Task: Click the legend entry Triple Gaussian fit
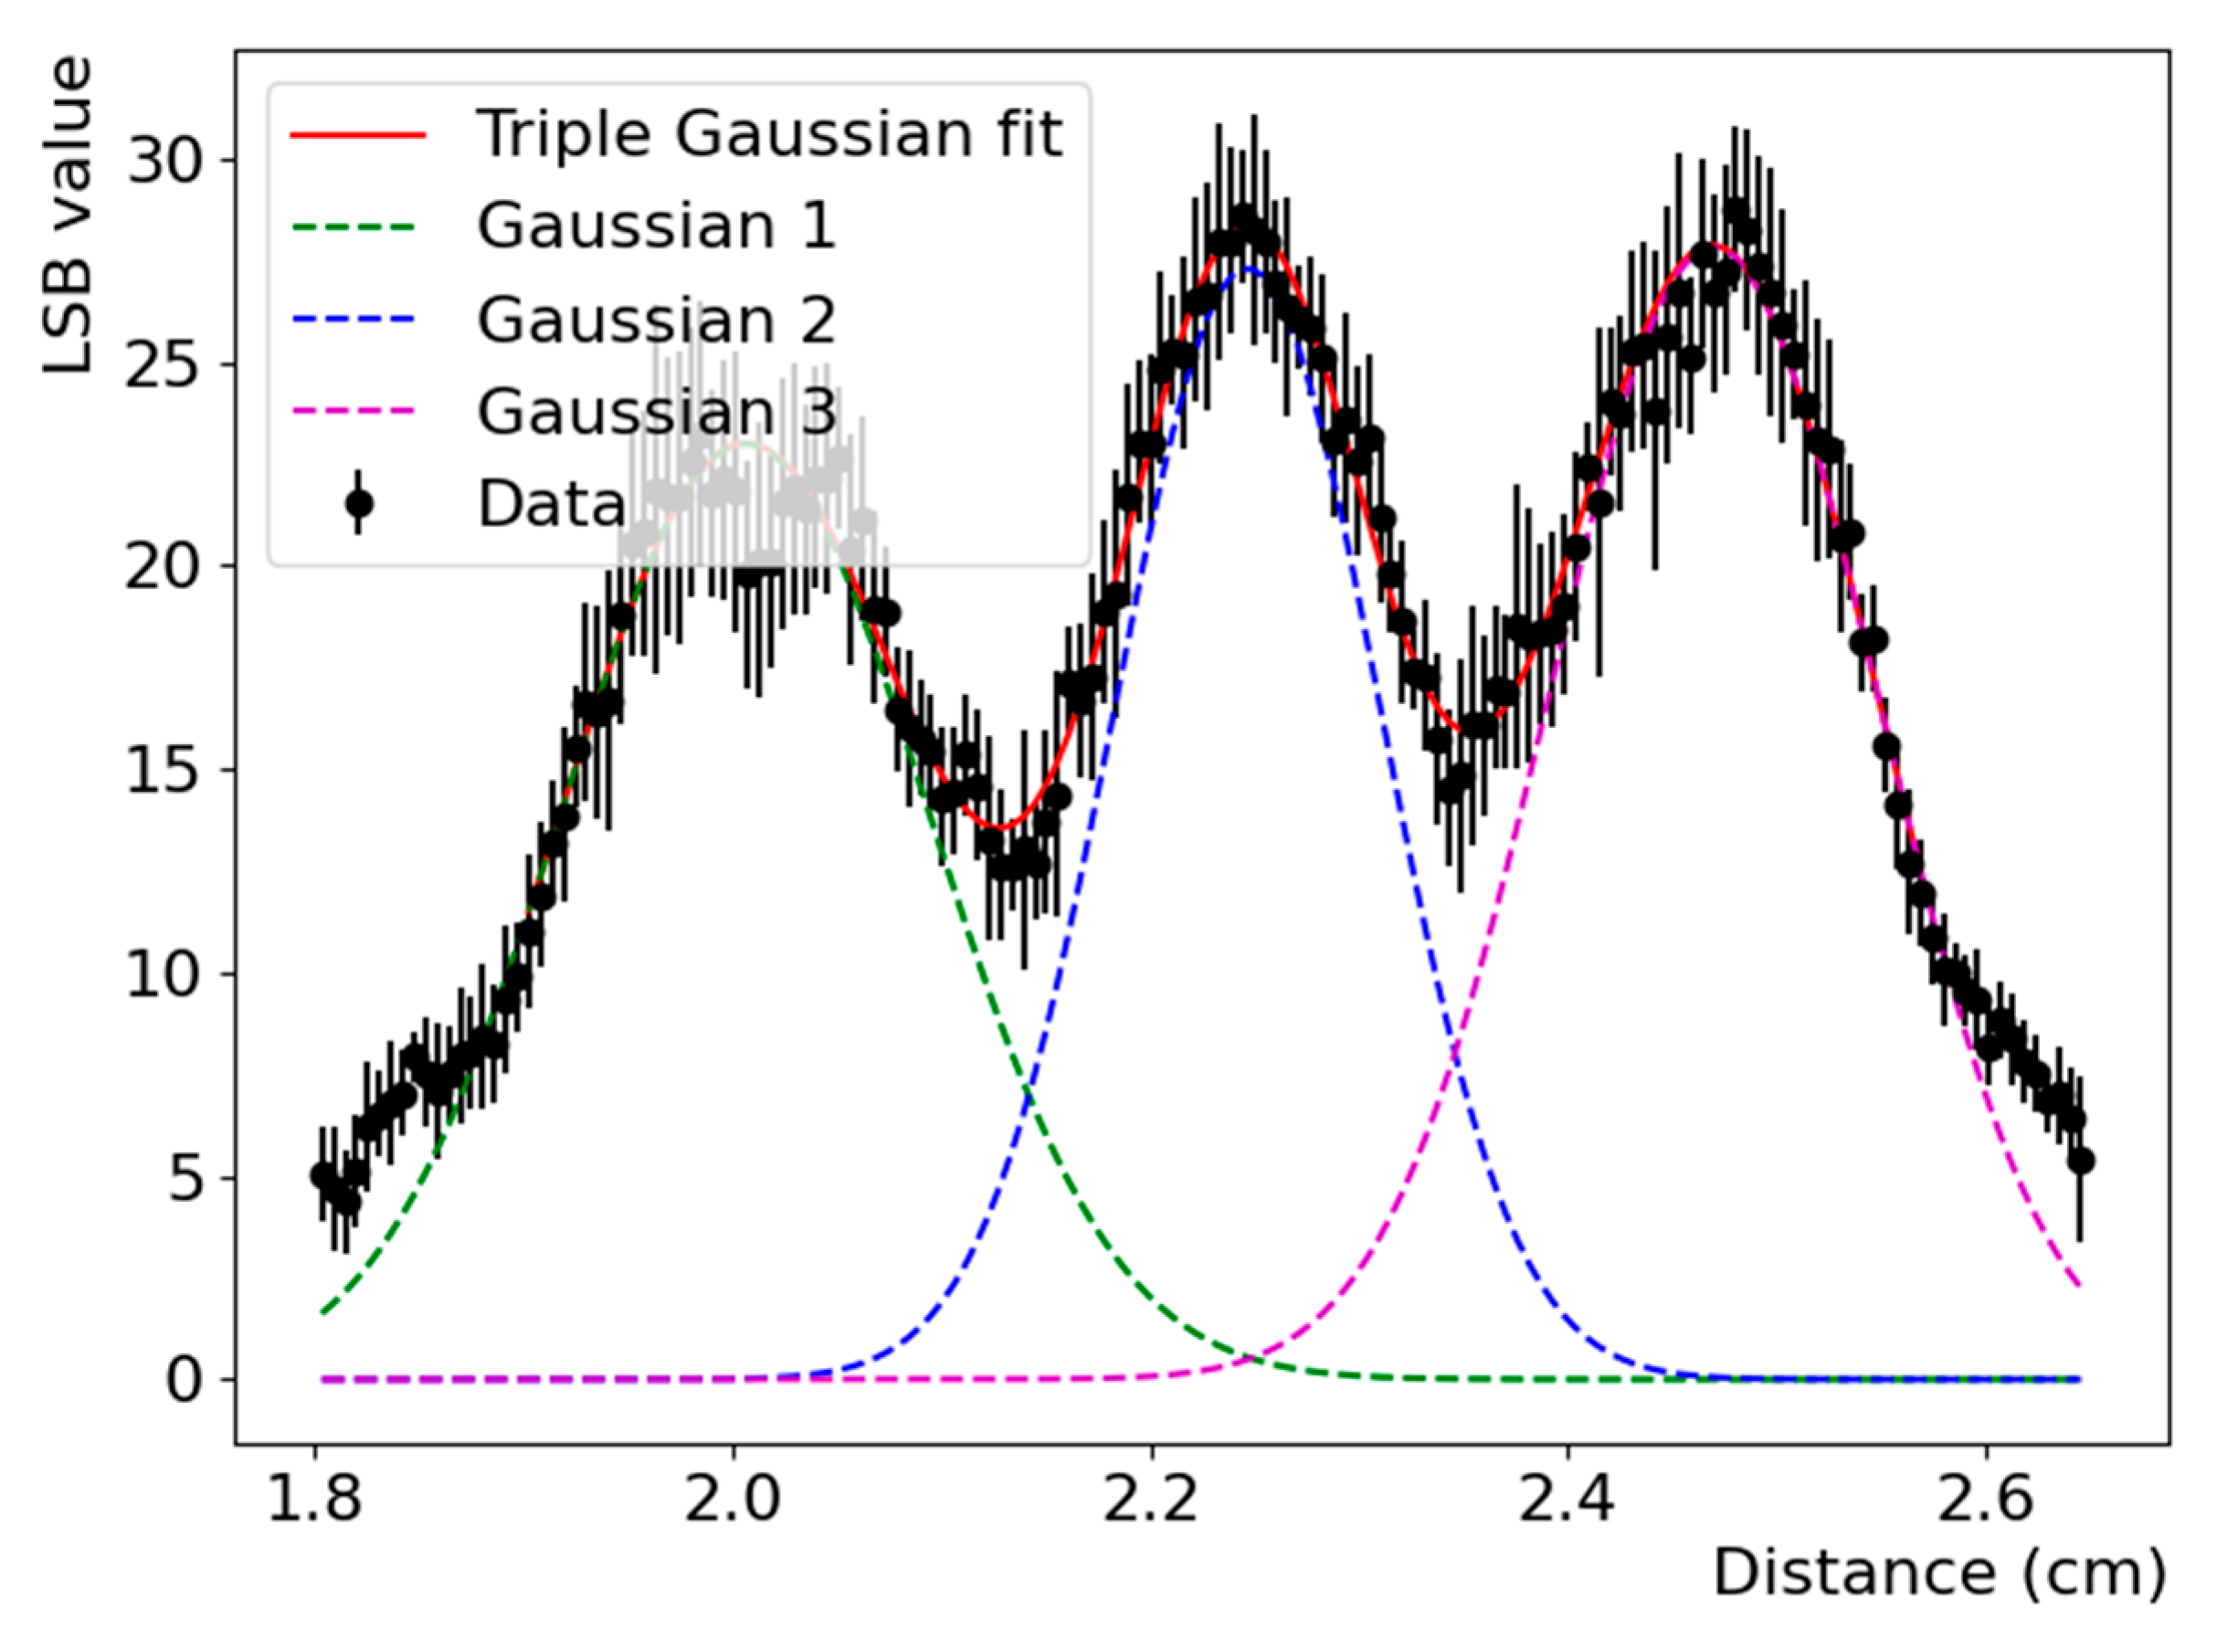point(768,134)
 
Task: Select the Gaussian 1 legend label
point(656,226)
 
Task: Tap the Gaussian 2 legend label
point(656,320)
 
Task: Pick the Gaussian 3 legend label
point(656,412)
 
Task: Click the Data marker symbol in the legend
point(359,504)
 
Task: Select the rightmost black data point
point(2080,1161)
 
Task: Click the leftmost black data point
point(322,1174)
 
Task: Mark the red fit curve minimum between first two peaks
point(1002,827)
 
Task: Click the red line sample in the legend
point(359,135)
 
